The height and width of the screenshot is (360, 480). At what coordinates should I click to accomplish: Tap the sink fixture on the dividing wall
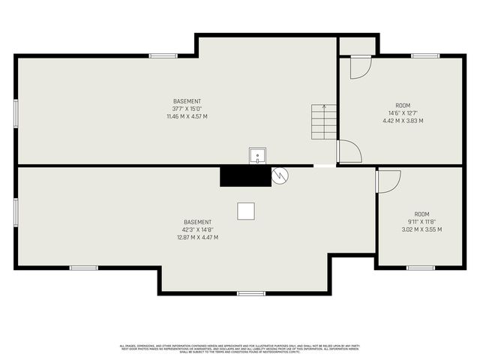pos(257,156)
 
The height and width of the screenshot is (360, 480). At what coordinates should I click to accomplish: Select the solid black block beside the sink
pos(244,176)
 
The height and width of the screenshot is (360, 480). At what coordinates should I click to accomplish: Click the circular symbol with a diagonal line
pos(280,175)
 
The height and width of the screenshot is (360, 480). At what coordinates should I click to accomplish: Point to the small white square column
pos(246,211)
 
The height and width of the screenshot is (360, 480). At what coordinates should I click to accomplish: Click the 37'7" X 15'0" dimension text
pos(187,109)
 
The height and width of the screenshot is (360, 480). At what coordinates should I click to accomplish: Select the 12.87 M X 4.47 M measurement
pos(197,238)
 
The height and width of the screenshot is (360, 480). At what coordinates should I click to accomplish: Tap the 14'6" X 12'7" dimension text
pos(403,113)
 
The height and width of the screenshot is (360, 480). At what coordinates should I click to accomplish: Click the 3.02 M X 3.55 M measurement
pos(422,229)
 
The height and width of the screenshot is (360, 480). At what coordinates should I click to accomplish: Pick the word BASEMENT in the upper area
pos(187,101)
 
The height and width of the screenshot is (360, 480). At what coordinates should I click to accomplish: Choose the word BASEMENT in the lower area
pos(197,222)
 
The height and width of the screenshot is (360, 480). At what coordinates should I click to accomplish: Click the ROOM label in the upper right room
pos(403,106)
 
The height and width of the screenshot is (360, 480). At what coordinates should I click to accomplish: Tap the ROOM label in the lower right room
pos(422,214)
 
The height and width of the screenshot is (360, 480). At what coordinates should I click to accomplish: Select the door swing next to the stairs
pos(349,151)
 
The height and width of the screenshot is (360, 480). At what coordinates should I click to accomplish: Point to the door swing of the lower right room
pos(388,181)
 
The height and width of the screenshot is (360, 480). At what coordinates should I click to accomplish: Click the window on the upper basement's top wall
pos(163,55)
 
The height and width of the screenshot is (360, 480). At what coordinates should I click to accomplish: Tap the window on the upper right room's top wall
pos(424,55)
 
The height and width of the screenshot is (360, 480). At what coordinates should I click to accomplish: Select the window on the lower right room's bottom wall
pos(421,267)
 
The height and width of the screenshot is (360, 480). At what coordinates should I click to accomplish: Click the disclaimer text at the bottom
pos(240,348)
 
